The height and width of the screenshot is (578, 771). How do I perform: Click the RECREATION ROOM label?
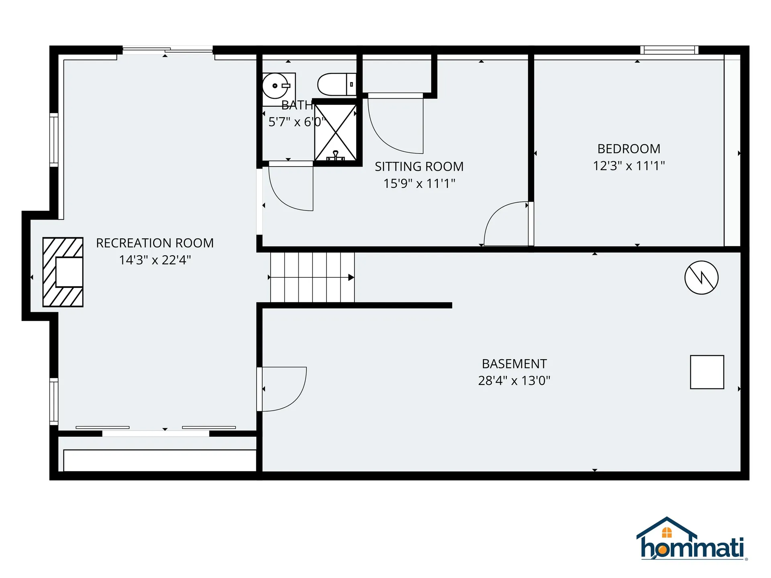155,243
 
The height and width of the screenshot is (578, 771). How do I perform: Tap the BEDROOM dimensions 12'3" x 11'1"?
629,166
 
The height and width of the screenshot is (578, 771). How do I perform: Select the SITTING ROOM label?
419,167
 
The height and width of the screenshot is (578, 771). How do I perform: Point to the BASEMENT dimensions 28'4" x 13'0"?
514,381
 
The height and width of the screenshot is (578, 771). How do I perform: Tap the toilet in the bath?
336,84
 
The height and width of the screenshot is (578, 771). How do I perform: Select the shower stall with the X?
335,132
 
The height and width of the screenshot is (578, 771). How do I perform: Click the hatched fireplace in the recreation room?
63,272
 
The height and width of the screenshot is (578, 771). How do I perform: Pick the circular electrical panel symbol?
701,277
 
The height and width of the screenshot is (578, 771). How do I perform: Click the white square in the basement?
707,372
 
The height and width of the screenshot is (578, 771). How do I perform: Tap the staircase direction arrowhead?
351,277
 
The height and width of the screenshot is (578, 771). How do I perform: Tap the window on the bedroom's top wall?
669,50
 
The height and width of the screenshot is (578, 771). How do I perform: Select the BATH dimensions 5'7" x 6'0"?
296,122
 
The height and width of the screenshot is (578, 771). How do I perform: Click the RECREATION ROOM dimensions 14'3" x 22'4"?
155,260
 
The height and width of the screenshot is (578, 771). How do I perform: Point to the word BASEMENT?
514,364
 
